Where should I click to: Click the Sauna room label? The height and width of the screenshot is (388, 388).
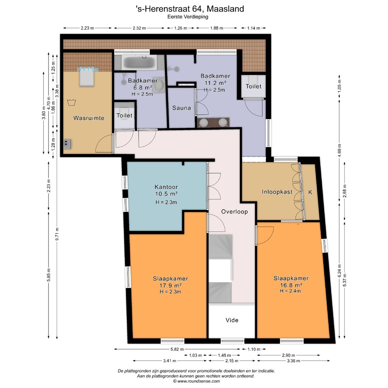(x=181, y=108)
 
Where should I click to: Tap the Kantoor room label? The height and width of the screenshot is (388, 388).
(x=166, y=187)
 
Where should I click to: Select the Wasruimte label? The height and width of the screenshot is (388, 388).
(x=89, y=118)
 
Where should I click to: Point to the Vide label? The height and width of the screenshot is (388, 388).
(x=232, y=320)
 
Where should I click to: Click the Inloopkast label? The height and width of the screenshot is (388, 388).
(x=277, y=192)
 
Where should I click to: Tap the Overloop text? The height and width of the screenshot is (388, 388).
(x=234, y=212)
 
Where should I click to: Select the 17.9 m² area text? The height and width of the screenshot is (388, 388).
(x=170, y=285)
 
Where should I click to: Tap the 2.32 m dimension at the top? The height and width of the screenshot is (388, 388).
(x=139, y=28)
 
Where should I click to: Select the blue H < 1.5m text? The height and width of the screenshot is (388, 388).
(x=88, y=70)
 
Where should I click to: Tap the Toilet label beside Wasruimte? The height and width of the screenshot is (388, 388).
(x=124, y=116)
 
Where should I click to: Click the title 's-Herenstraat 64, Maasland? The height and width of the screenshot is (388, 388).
(x=194, y=9)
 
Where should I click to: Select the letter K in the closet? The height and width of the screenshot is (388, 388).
(x=310, y=192)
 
